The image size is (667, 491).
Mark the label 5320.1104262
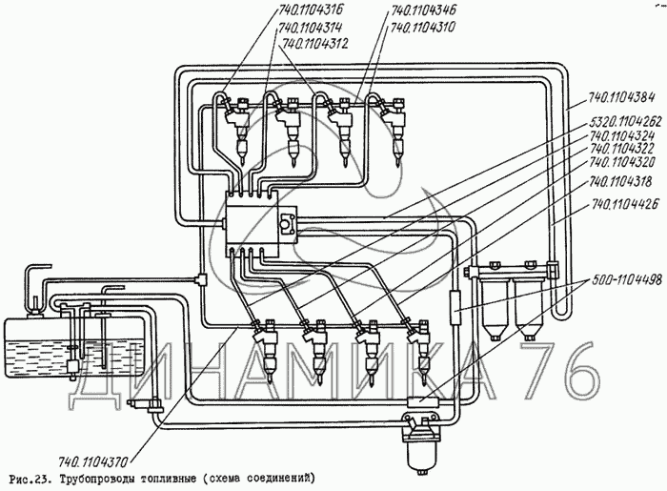coord(623,124)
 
